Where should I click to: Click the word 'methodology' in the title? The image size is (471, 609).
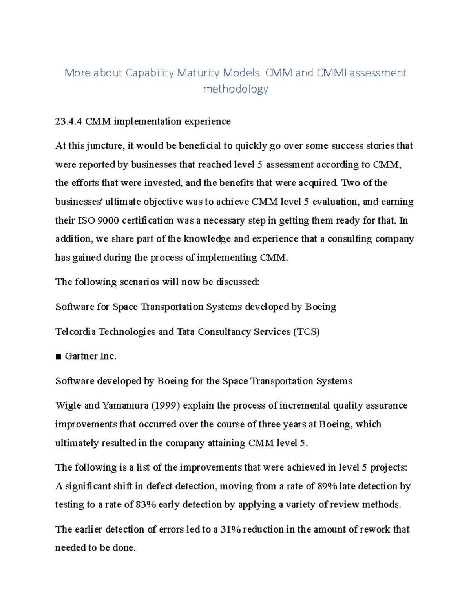pyautogui.click(x=235, y=89)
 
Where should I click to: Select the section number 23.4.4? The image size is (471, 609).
pyautogui.click(x=69, y=122)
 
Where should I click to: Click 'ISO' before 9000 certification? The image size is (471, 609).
pyautogui.click(x=86, y=221)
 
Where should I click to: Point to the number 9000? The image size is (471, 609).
pyautogui.click(x=108, y=221)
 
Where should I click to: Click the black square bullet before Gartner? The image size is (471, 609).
pyautogui.click(x=58, y=357)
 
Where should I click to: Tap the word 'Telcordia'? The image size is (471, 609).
pyautogui.click(x=75, y=332)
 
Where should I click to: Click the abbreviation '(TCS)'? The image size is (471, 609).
pyautogui.click(x=307, y=332)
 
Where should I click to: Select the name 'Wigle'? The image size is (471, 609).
pyautogui.click(x=68, y=405)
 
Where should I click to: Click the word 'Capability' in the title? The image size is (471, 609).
pyautogui.click(x=150, y=73)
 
